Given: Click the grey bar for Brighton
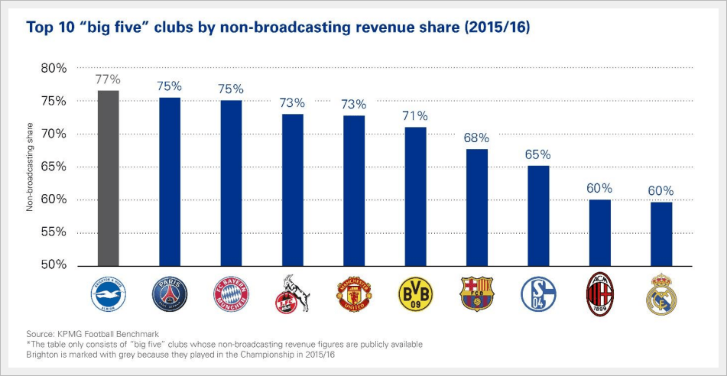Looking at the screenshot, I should pyautogui.click(x=108, y=177).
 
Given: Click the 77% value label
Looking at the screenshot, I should pyautogui.click(x=108, y=79).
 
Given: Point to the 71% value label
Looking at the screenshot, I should pyautogui.click(x=415, y=116).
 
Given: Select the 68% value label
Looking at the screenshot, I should pyautogui.click(x=476, y=138).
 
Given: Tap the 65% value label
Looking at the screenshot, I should pyautogui.click(x=537, y=154).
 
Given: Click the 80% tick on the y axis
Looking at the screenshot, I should pyautogui.click(x=54, y=69).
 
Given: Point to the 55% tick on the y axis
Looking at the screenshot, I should pyautogui.click(x=54, y=233).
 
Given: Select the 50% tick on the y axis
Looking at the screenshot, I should pyautogui.click(x=54, y=265).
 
